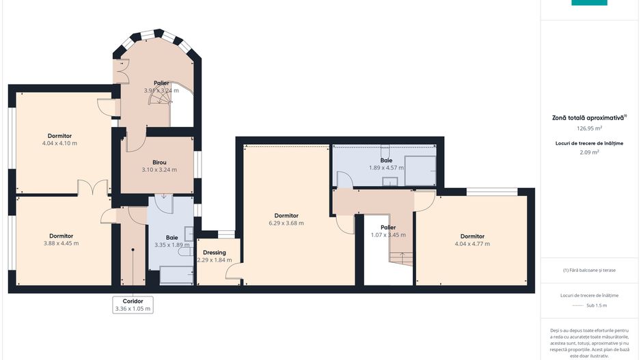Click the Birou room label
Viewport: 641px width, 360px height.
[x=159, y=162]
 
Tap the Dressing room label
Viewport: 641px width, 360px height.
[x=214, y=253]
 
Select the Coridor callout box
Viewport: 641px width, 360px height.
[x=133, y=305]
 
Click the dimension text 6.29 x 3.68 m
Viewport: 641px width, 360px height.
[x=286, y=223]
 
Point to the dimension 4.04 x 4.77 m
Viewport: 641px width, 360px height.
[x=472, y=244]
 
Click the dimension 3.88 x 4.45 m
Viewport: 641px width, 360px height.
[x=62, y=243]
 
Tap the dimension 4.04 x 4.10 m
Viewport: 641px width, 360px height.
[x=59, y=143]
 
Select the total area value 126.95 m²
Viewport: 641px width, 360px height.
[x=589, y=128]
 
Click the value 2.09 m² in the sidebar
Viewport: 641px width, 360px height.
[x=589, y=152]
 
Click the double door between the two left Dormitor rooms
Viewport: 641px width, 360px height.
[x=93, y=187]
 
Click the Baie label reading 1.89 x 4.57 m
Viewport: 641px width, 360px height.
[x=386, y=164]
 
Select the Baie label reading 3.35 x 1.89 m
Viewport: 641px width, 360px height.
[x=172, y=241]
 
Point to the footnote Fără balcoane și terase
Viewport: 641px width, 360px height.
[x=589, y=270]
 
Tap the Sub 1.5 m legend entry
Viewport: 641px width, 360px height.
[x=589, y=305]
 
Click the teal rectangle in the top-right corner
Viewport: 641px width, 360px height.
[x=589, y=3]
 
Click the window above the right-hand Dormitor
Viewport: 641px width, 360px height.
[x=492, y=192]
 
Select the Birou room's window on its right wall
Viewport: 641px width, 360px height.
[x=198, y=165]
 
